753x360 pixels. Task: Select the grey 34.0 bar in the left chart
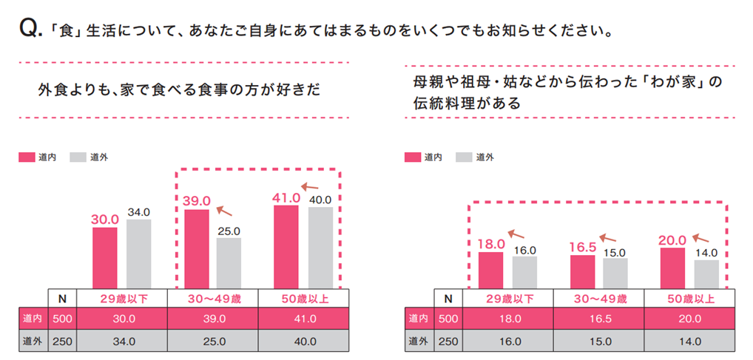pos(138,254)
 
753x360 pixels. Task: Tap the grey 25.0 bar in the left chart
pos(229,263)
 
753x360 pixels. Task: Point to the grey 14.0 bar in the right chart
pos(706,274)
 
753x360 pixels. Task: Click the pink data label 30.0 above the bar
pos(105,219)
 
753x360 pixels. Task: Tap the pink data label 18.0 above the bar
pos(491,243)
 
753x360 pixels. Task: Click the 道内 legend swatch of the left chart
pos(27,157)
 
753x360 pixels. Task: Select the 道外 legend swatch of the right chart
pos(464,157)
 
